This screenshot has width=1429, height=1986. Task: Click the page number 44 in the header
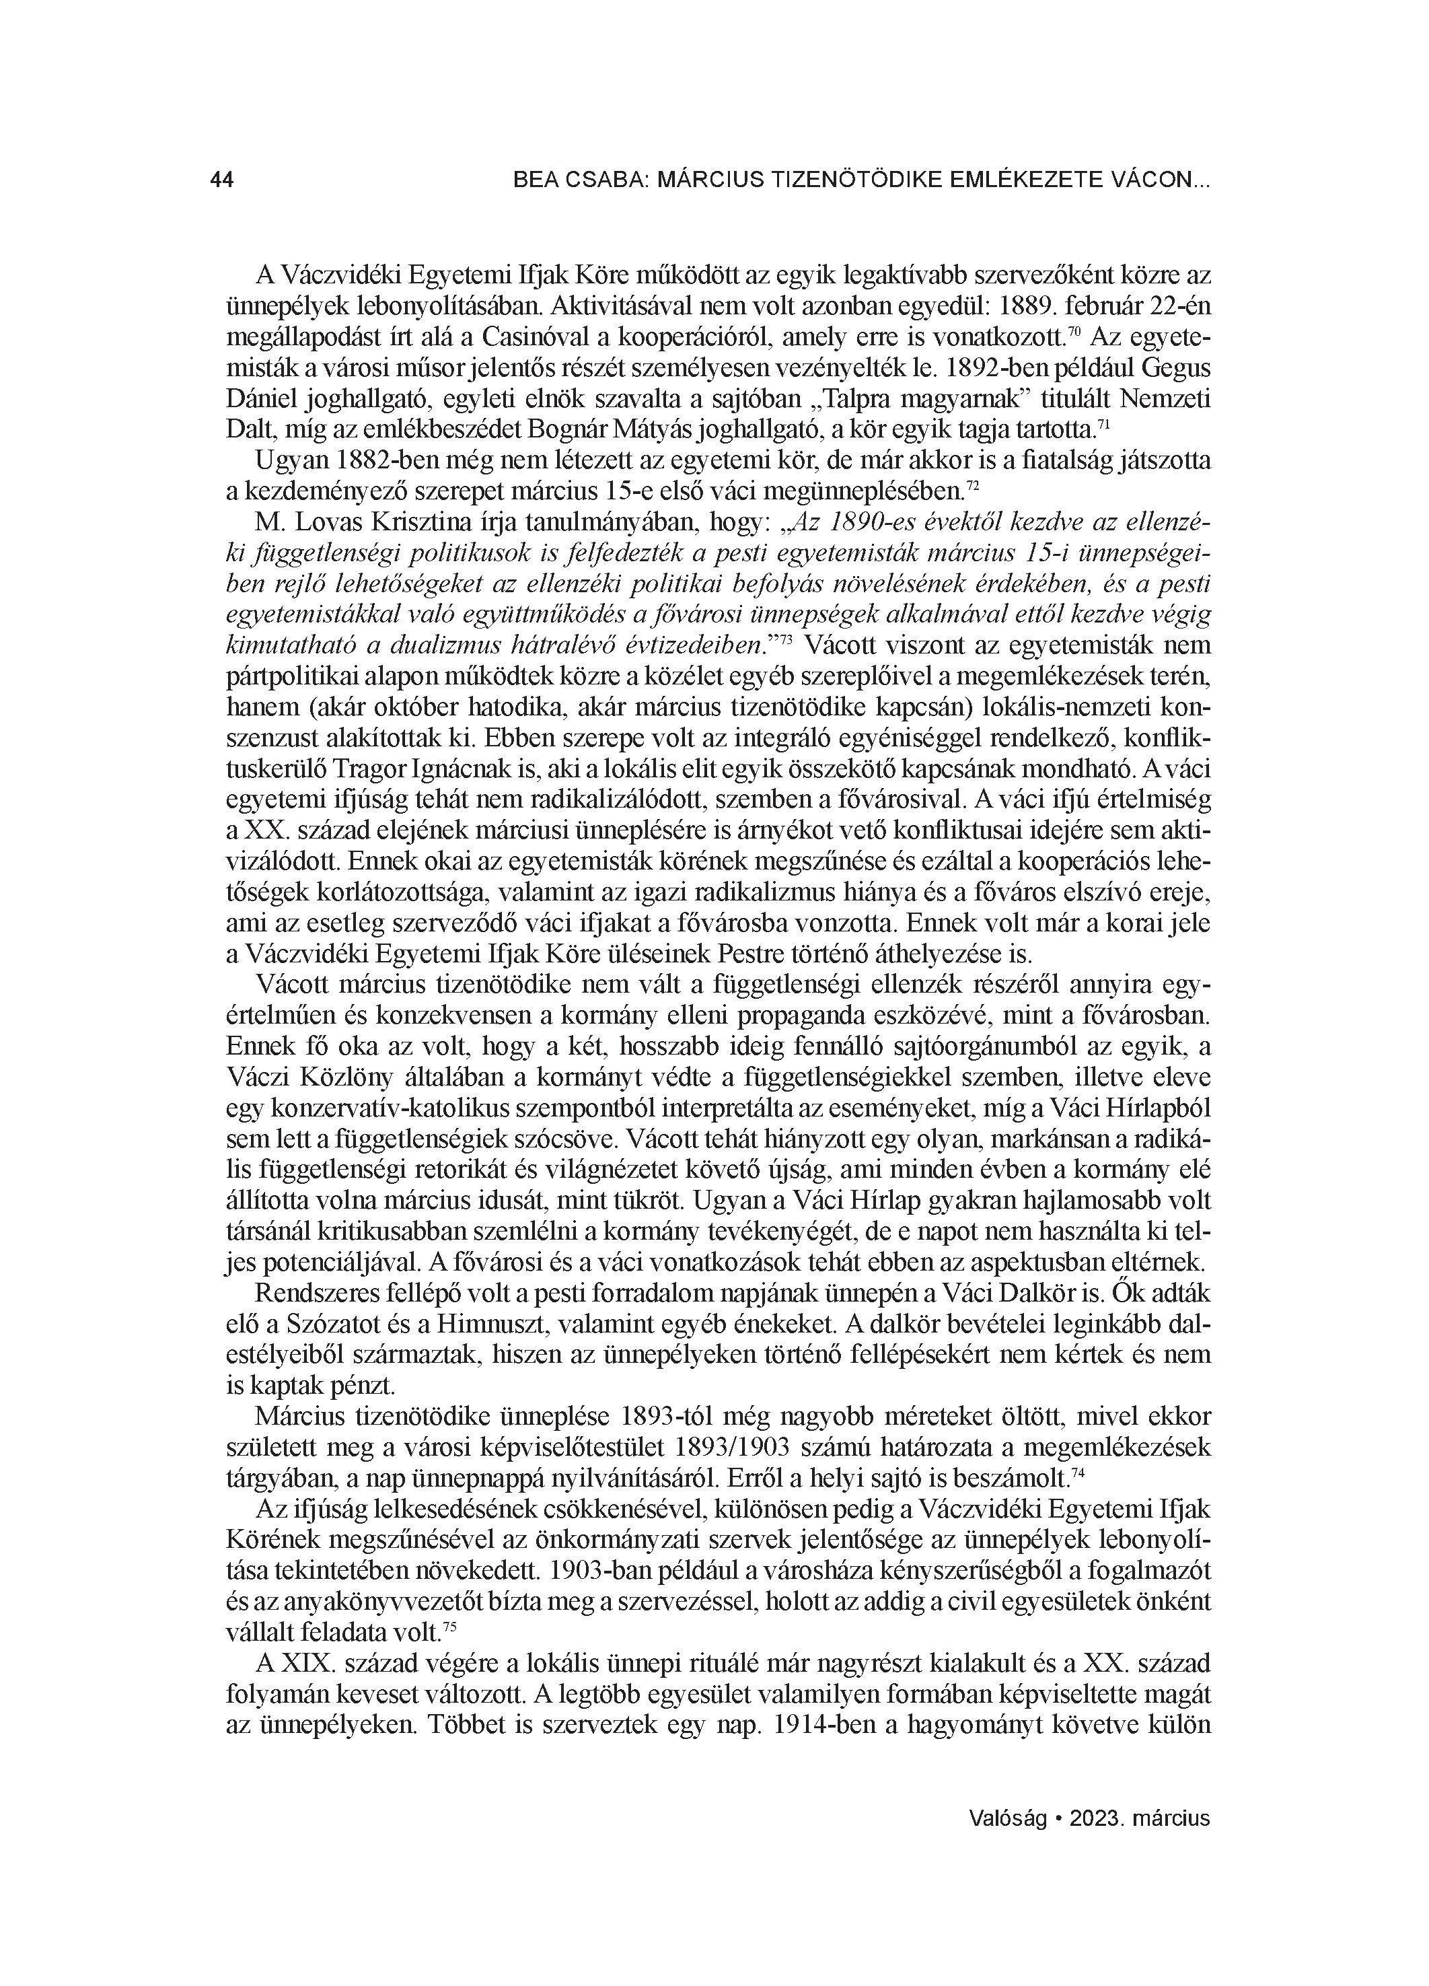coord(221,180)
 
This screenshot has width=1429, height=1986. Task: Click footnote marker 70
coord(1074,332)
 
